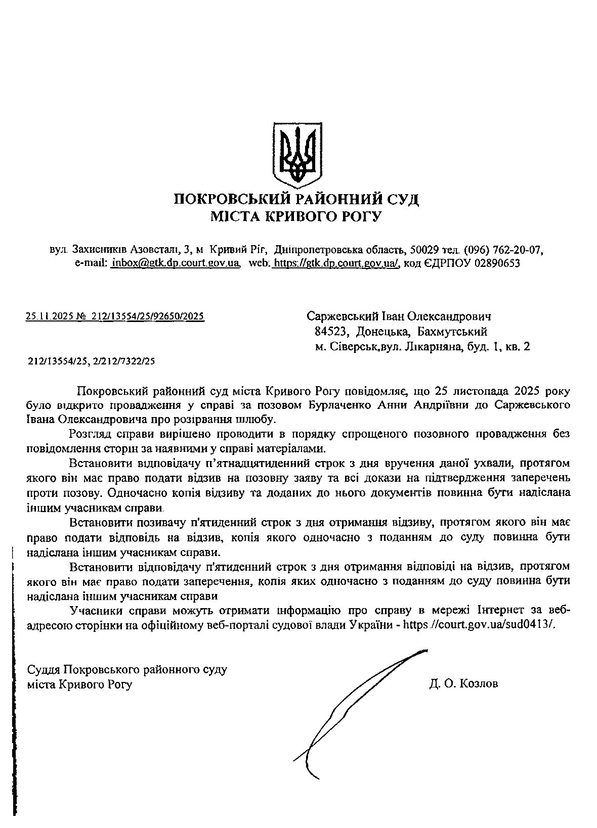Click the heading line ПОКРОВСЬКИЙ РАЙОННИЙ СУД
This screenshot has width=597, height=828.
296,199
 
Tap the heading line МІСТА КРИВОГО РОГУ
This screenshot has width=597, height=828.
296,217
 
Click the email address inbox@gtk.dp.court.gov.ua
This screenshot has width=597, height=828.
175,263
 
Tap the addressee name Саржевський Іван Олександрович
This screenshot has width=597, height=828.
399,316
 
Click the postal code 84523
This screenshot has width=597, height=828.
330,332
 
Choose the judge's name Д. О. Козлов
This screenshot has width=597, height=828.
463,684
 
